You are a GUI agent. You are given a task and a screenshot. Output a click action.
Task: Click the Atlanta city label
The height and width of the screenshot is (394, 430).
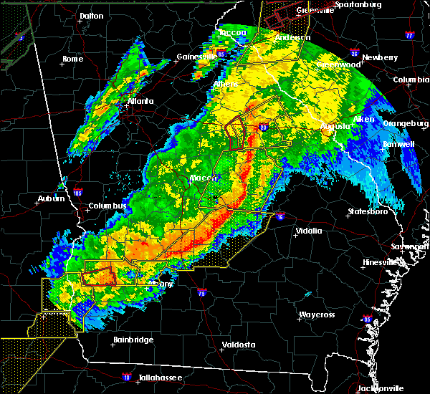(x=140, y=101)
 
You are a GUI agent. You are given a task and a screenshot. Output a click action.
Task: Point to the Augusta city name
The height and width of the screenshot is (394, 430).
(x=335, y=126)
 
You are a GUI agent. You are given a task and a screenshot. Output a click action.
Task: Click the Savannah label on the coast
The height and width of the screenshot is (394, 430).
(x=416, y=246)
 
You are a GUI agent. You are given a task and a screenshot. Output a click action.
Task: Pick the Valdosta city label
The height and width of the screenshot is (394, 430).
(x=239, y=345)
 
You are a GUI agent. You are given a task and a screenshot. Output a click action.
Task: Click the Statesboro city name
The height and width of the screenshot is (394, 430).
(x=366, y=211)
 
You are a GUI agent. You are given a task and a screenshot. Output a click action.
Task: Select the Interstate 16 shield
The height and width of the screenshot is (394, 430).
(x=279, y=216)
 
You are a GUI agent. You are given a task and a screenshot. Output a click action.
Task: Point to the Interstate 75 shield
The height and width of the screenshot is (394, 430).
(x=200, y=294)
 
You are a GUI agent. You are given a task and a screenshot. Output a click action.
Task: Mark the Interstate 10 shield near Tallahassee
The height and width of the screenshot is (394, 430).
(x=126, y=376)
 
